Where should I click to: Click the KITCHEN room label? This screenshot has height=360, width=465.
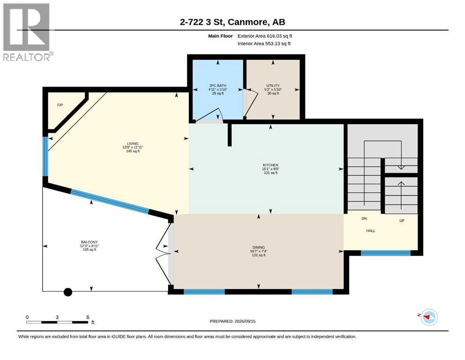[271, 165]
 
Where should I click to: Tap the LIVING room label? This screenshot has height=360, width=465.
[133, 143]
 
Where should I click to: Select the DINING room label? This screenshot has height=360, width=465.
[258, 247]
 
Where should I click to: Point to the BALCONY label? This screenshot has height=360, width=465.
[89, 242]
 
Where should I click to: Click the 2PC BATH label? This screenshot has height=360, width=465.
[218, 85]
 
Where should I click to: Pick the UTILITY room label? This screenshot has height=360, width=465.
[273, 85]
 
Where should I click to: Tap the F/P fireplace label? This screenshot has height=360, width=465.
[60, 105]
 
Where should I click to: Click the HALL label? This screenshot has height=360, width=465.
[370, 231]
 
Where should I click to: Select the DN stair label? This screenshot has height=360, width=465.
[364, 218]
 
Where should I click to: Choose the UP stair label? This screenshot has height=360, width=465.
[402, 220]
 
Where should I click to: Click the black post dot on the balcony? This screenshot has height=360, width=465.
[68, 292]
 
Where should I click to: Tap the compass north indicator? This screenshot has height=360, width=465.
[428, 317]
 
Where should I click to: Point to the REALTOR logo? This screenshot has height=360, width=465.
[27, 32]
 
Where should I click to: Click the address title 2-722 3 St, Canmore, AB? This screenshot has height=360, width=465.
[232, 22]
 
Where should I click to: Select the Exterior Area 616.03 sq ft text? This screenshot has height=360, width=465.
[265, 36]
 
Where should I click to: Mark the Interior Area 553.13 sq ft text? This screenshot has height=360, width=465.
[264, 44]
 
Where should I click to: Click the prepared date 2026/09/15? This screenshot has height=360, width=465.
[245, 321]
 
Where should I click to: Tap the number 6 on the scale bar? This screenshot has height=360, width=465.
[88, 317]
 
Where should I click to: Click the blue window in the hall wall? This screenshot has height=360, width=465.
[385, 253]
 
